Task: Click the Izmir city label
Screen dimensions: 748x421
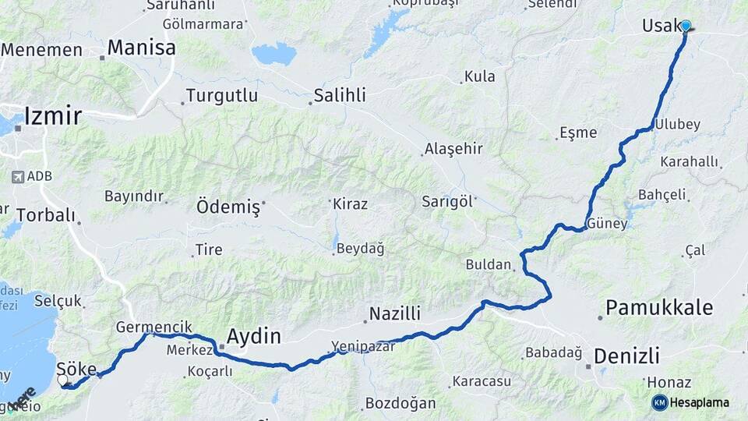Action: pos(53,117)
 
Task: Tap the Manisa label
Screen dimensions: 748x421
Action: pos(141,48)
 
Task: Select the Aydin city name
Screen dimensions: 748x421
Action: pos(254,337)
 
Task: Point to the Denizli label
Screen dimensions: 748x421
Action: pos(626,356)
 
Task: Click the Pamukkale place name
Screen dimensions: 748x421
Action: pos(659,307)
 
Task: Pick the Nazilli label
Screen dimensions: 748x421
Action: pos(394,314)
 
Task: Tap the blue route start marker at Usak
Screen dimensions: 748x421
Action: pos(686,26)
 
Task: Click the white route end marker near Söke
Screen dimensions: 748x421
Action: pos(63,380)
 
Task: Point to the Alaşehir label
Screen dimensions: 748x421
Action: pos(454,149)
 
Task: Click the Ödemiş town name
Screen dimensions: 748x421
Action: pos(228,207)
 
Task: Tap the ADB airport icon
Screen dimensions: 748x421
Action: pos(18,177)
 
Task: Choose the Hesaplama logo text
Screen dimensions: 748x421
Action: pos(699,402)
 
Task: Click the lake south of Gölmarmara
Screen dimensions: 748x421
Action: pos(274,54)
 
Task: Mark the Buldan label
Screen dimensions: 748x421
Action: pos(488,264)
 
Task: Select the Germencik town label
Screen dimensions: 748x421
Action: pos(153,327)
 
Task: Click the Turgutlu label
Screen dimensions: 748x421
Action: pos(221,97)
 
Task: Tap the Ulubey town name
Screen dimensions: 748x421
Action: pos(678,125)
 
